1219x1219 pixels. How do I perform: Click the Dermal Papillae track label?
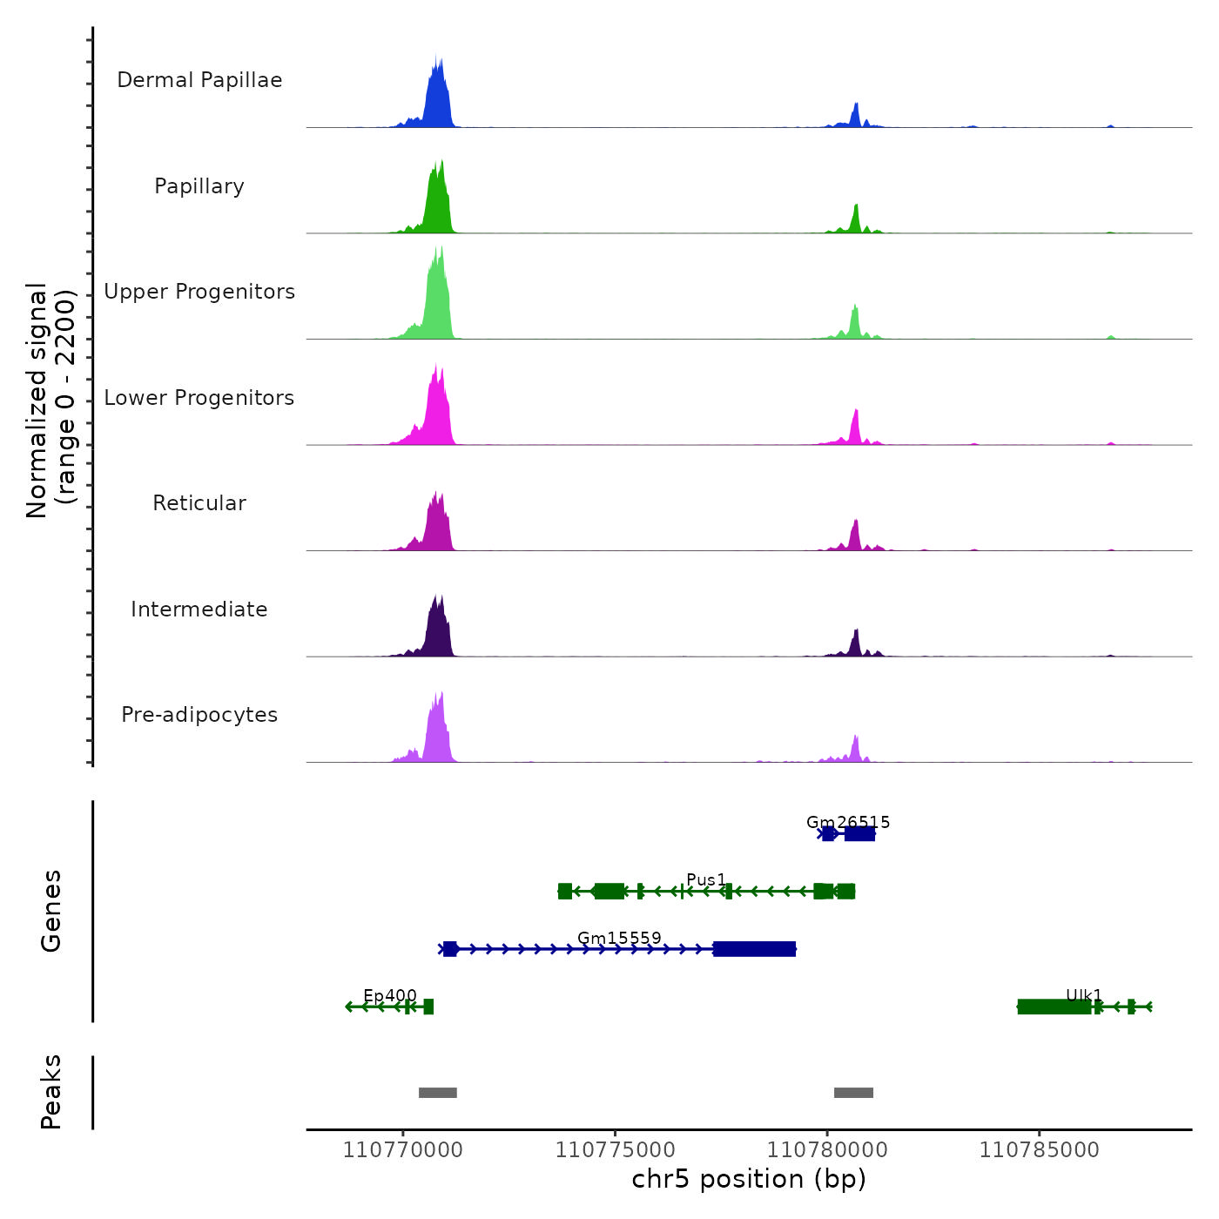199,80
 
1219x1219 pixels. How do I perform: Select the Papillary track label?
199,186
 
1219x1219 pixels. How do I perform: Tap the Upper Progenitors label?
199,292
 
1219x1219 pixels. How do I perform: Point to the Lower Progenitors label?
199,398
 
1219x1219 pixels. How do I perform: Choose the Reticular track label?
199,503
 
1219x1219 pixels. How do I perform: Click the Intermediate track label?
199,609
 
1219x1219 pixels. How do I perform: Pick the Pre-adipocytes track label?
199,715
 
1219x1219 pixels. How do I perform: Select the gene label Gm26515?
848,822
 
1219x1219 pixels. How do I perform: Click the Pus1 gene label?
706,879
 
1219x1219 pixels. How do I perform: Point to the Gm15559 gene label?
619,938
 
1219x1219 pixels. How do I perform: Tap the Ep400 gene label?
390,995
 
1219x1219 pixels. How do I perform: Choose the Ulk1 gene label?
1084,995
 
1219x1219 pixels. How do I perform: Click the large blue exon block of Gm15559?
754,949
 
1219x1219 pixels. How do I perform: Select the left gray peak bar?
438,1093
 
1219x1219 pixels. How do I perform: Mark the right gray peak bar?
853,1093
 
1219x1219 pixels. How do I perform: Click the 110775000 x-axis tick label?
616,1149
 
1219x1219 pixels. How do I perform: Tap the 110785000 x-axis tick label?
1039,1149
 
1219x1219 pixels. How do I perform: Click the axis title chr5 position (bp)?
749,1179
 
